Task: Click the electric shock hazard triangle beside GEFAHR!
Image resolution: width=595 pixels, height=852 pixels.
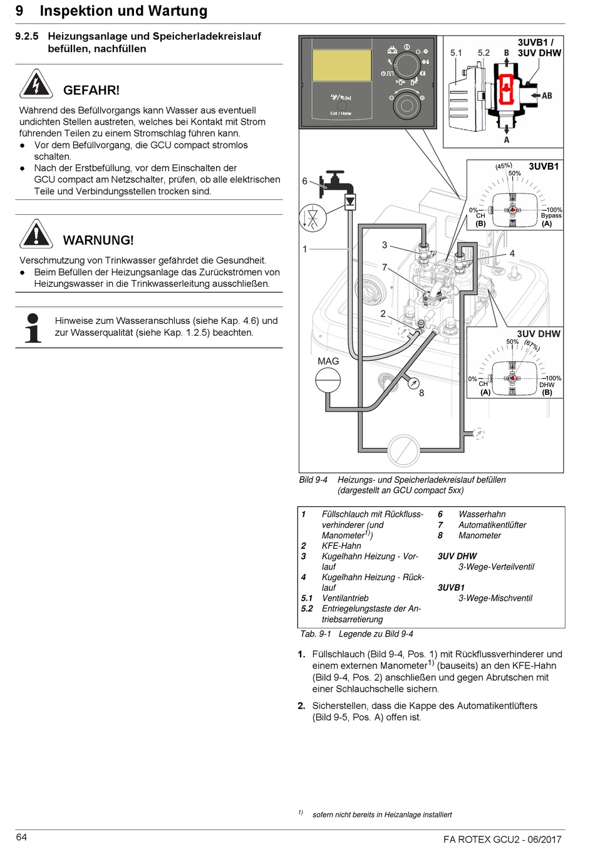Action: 36,84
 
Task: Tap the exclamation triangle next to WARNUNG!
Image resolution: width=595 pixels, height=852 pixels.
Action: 36,234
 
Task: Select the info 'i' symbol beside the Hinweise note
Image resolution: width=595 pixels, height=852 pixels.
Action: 33,327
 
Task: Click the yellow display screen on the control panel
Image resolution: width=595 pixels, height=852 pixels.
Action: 341,65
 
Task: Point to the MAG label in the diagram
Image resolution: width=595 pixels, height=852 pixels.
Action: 328,361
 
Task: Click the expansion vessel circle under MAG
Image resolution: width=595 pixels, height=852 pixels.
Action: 328,380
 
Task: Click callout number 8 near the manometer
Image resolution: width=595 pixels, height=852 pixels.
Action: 422,393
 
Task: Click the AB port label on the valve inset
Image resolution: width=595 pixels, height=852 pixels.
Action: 547,96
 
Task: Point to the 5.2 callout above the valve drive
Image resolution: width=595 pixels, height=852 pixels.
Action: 484,53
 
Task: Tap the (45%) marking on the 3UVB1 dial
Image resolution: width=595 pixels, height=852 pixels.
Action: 504,166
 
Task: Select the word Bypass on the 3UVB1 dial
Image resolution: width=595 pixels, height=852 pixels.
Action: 551,216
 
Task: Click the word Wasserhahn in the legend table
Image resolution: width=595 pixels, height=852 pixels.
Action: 482,514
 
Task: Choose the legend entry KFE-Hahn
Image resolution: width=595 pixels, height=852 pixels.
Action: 341,546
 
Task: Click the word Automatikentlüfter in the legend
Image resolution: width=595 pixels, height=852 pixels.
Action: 492,525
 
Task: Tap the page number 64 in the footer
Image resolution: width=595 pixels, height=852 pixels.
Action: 22,838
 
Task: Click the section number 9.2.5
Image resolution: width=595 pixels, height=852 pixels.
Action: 27,36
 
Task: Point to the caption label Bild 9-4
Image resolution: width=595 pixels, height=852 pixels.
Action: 313,480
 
